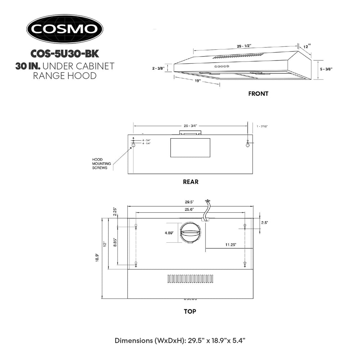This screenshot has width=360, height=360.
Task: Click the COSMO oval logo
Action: coord(65,29)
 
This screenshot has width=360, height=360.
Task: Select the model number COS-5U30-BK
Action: coord(65,54)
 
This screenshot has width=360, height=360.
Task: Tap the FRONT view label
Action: coord(258,94)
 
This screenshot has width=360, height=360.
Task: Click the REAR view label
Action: coord(190,182)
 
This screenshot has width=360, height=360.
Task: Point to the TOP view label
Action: coord(190,311)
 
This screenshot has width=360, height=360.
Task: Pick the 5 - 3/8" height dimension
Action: coord(326,69)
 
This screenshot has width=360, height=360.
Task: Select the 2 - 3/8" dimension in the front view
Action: coord(158,68)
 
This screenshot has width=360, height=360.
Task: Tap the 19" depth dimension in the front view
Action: coord(198,81)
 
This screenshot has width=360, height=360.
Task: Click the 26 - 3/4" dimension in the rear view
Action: coord(190,126)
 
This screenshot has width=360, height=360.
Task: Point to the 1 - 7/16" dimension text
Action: coord(262,126)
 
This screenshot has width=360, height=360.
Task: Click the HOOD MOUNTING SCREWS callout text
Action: coord(102,164)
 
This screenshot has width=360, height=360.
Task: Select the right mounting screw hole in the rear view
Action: coord(248,144)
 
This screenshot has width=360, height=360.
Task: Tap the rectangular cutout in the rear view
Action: coord(190,148)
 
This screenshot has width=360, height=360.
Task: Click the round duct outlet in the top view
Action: coord(190,233)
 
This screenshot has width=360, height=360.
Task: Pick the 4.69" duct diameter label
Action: coord(169,233)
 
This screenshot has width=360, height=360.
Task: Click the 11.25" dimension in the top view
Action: coord(230,245)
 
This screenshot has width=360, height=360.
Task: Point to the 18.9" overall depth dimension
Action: coord(97,258)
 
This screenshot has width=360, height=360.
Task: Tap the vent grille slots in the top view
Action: coord(190,279)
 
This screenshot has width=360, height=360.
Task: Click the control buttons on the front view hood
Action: coord(222,66)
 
